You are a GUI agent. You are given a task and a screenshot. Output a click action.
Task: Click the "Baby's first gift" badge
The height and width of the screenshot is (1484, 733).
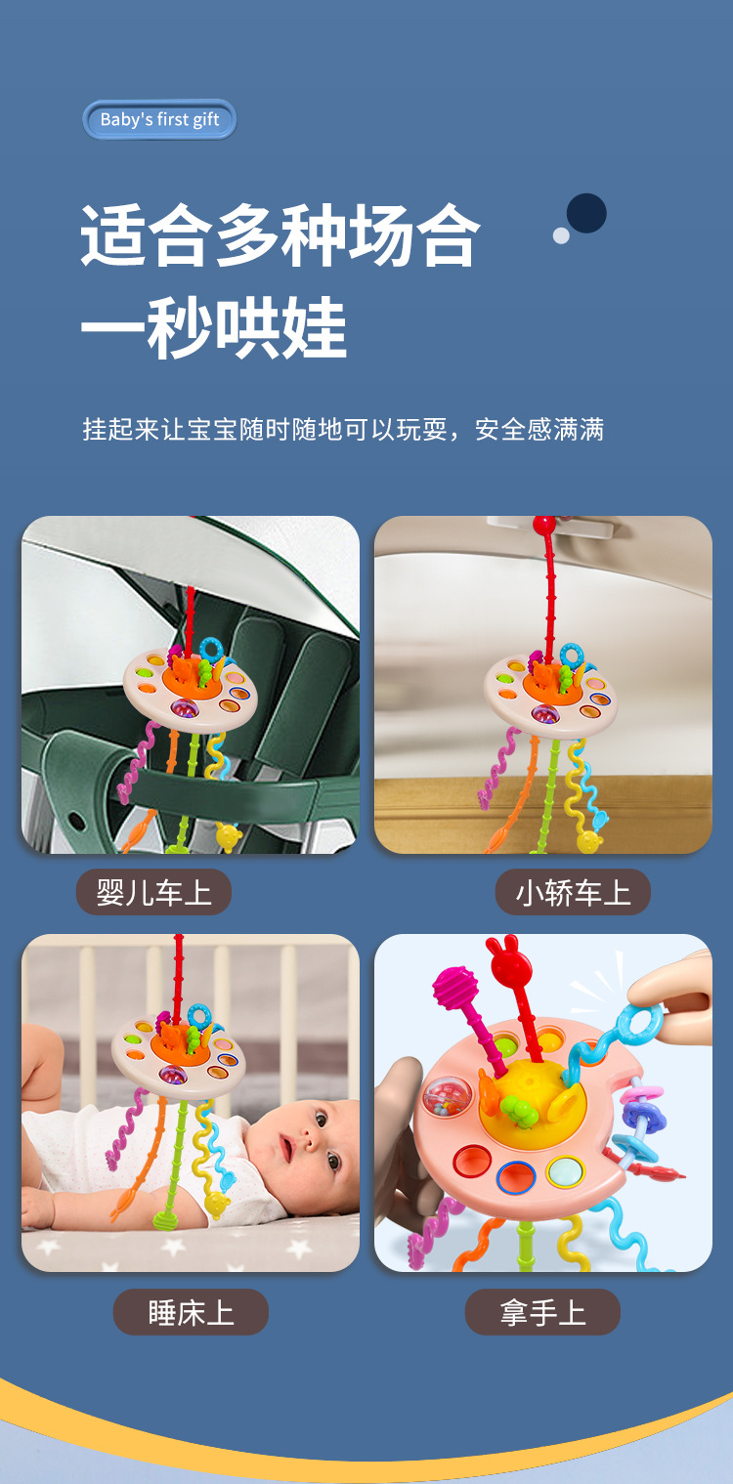point(159,120)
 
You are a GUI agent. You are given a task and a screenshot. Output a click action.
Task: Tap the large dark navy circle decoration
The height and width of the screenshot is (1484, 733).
point(586,213)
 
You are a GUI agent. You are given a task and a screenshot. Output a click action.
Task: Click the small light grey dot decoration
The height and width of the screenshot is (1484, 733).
point(561,234)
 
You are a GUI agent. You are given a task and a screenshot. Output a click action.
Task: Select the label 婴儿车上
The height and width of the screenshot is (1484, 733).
point(153,892)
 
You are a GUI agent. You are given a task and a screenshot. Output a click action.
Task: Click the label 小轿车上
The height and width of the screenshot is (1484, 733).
point(573,892)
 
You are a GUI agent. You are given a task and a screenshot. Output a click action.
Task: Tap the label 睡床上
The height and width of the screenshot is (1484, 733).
point(191,1312)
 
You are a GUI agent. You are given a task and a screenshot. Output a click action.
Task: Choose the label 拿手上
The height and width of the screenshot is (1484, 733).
point(542,1312)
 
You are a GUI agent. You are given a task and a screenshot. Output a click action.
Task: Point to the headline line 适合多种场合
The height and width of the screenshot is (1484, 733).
point(280,235)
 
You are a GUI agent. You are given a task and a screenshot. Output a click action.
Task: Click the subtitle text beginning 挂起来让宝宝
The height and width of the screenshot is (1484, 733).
point(343,429)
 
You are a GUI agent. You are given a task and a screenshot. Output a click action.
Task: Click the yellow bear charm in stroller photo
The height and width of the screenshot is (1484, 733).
point(228,836)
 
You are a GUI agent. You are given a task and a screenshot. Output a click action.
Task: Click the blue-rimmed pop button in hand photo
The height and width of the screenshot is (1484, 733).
point(515,1177)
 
